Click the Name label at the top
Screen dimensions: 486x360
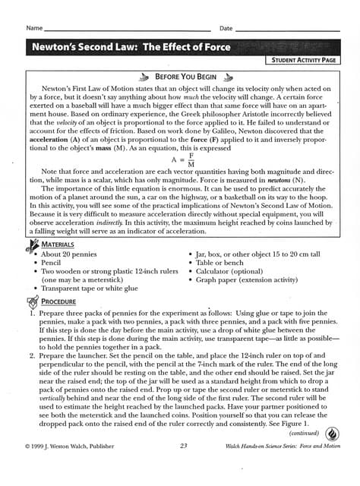point(33,28)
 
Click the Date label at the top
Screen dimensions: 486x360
point(226,28)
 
